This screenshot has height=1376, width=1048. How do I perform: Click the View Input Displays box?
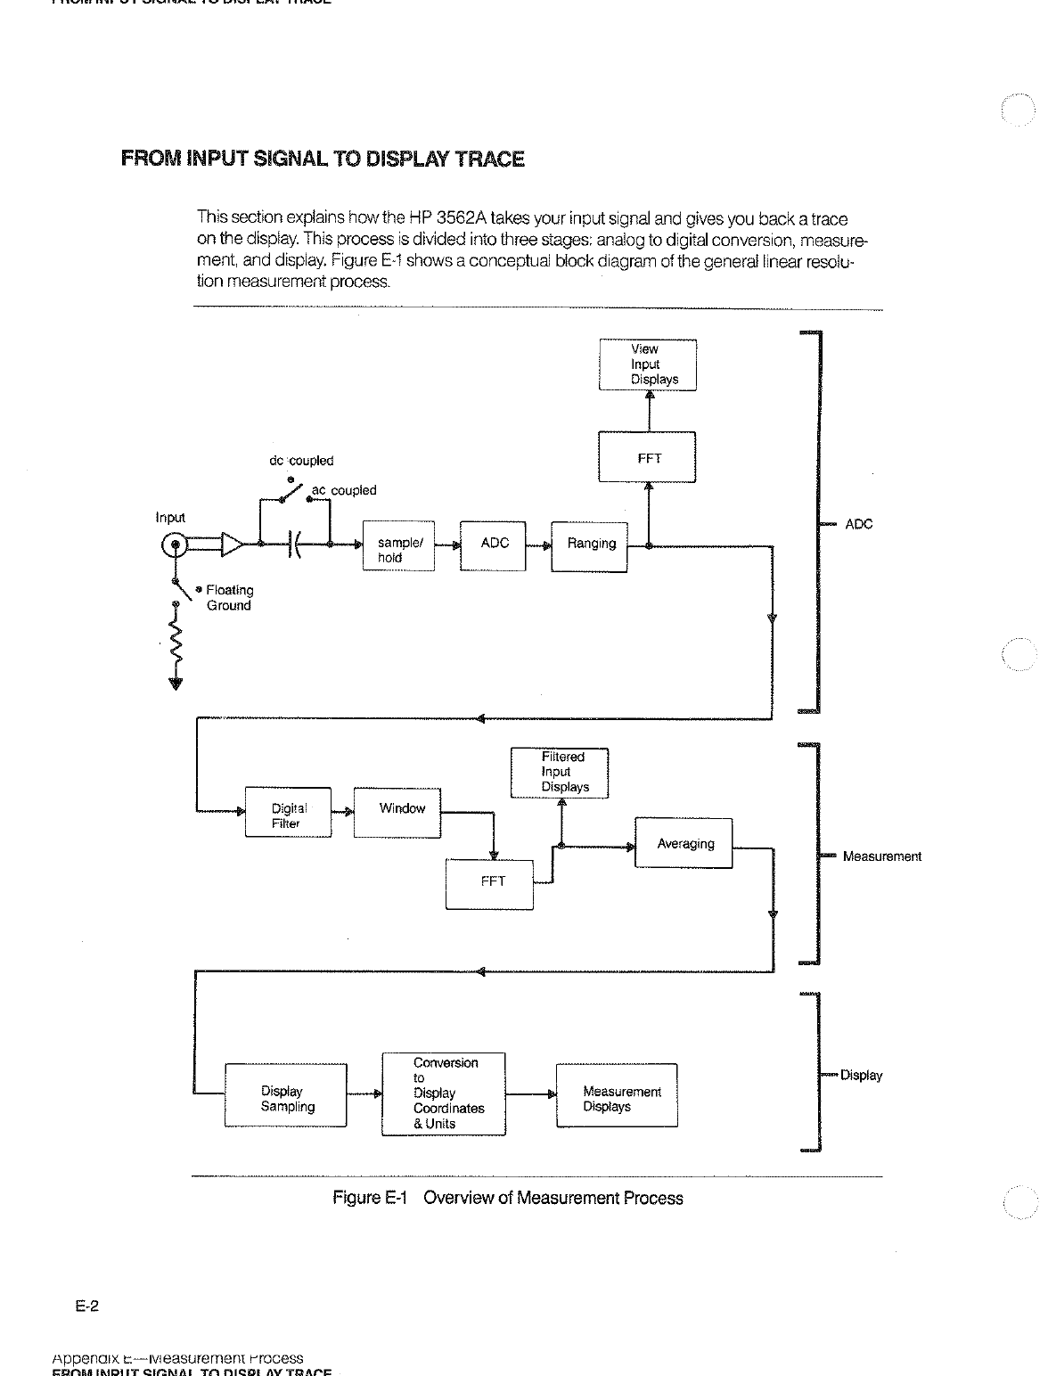coord(648,364)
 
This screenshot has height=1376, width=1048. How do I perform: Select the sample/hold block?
coord(398,546)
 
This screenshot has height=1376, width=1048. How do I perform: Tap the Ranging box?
coord(590,545)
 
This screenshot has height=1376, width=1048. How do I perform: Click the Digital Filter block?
coord(288,813)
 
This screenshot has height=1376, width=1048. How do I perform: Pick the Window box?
coord(397,812)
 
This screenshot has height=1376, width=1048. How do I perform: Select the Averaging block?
coord(684,843)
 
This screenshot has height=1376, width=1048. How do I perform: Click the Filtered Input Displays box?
coord(560,773)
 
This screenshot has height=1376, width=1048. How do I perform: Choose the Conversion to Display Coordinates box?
coord(444,1093)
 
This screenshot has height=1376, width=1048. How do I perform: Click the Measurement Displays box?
coord(617,1096)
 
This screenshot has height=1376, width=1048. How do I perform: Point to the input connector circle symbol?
coord(176,545)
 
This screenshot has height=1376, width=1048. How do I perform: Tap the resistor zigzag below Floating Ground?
coord(176,644)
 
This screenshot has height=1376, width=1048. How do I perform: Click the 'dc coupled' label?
coord(301,461)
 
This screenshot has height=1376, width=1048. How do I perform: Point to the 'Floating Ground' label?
coord(228,598)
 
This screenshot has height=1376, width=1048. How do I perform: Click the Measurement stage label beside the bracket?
coord(881,856)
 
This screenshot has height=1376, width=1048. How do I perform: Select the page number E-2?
coord(86,1306)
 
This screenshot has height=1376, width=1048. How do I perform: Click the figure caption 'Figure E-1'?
coord(370,1198)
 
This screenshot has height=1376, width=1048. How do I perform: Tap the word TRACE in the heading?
coord(489,160)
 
